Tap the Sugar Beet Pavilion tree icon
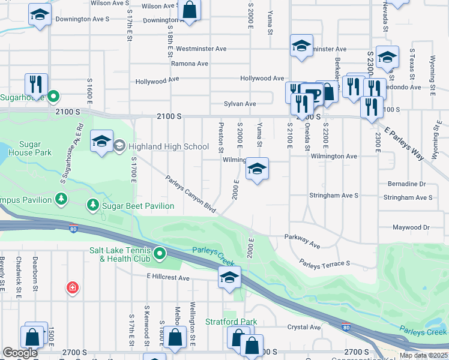(x=93, y=206)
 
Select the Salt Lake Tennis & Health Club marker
(x=159, y=254)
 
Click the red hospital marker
(x=73, y=289)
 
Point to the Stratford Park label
(x=231, y=322)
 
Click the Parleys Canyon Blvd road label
(x=190, y=193)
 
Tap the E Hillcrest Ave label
(x=168, y=278)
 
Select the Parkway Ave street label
(x=303, y=241)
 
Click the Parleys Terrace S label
(x=324, y=264)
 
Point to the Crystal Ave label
(x=304, y=327)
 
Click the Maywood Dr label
(x=411, y=227)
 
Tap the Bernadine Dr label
(x=406, y=184)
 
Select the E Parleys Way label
(x=405, y=143)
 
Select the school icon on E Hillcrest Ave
(x=229, y=277)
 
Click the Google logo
(x=19, y=353)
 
